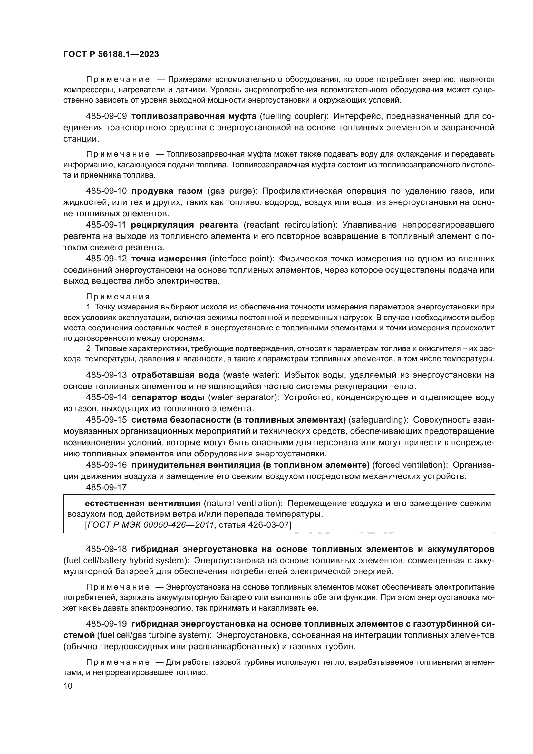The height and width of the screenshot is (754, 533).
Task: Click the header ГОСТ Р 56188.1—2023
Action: pyautogui.click(x=111, y=54)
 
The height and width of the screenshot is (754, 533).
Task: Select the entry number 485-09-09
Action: pyautogui.click(x=106, y=116)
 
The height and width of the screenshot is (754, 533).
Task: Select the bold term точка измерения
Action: pyautogui.click(x=169, y=259)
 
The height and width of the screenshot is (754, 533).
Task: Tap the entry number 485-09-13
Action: pyautogui.click(x=106, y=375)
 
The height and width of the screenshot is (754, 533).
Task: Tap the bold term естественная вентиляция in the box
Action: pyautogui.click(x=142, y=503)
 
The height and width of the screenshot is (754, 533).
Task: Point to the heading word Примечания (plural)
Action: pyautogui.click(x=118, y=297)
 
